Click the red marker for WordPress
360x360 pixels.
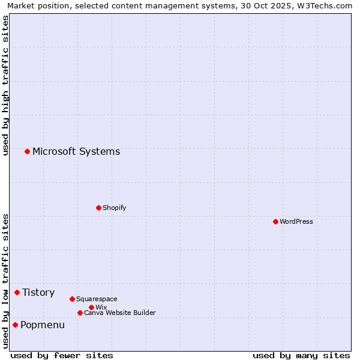click(x=275, y=221)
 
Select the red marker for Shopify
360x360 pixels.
click(x=98, y=208)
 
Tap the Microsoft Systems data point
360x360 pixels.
click(x=27, y=151)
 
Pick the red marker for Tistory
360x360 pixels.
click(x=17, y=292)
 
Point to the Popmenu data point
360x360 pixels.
click(x=15, y=325)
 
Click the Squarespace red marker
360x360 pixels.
click(x=72, y=299)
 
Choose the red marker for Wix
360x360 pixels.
click(x=91, y=307)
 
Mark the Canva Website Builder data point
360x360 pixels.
click(x=80, y=313)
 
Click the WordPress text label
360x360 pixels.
click(x=296, y=221)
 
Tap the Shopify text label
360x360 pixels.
click(x=114, y=208)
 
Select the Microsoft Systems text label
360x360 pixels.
click(x=76, y=151)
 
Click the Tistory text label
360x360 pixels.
click(x=38, y=292)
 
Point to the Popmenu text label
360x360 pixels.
click(x=43, y=325)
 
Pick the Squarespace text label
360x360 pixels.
click(x=97, y=299)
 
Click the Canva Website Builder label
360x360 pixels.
click(x=120, y=313)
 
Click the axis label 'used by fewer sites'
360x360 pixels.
click(x=62, y=355)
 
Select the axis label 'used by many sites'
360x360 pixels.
click(x=301, y=355)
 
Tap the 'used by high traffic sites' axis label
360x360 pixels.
click(x=5, y=85)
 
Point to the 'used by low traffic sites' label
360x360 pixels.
click(x=5, y=281)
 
